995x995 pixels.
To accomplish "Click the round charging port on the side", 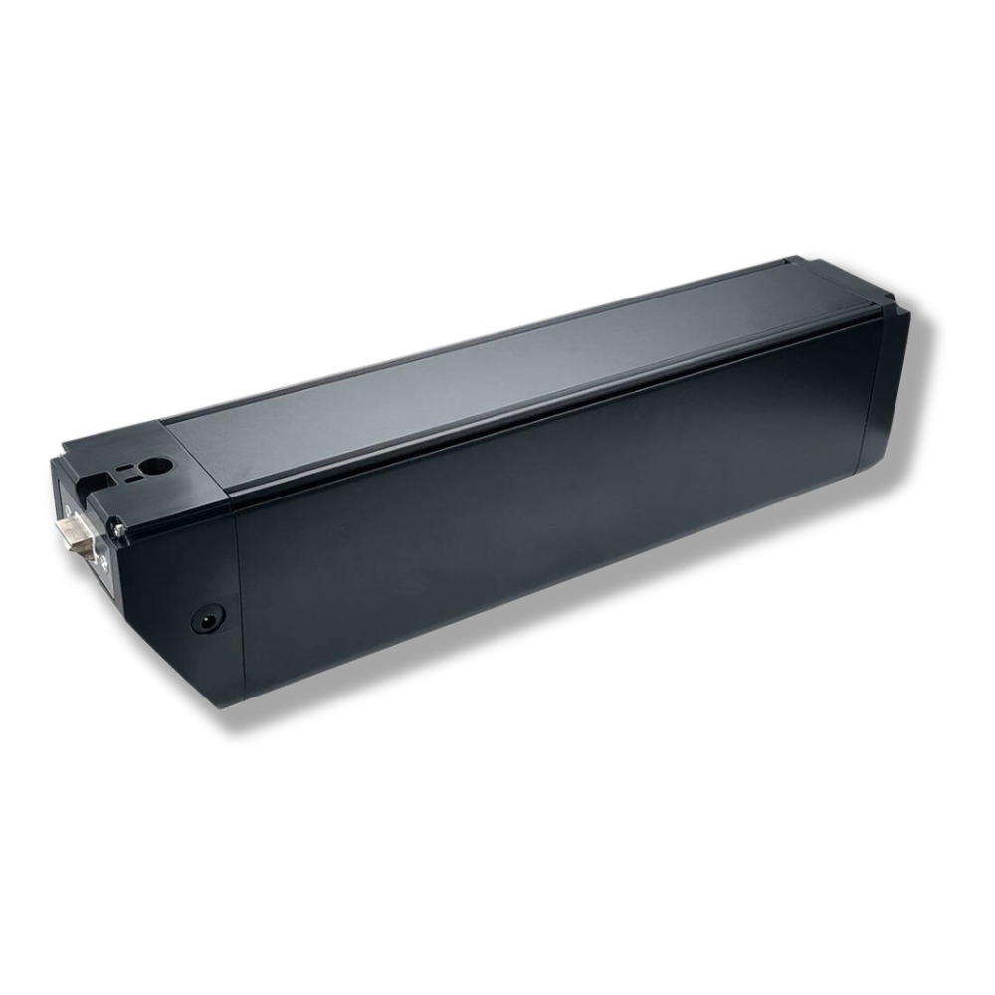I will (208, 618).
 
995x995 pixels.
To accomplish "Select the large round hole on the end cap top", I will (154, 465).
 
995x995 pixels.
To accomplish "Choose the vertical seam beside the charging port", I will (240, 597).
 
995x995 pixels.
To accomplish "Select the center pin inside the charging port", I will (208, 618).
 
